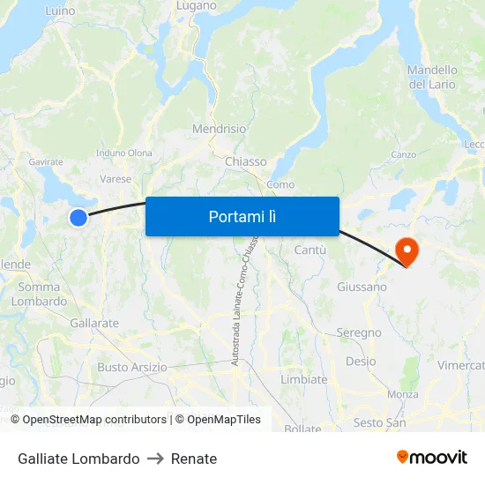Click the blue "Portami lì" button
pyautogui.click(x=242, y=216)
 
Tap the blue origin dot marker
pyautogui.click(x=78, y=217)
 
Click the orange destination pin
pyautogui.click(x=407, y=251)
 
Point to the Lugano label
pyautogui.click(x=196, y=6)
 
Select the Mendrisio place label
pyautogui.click(x=220, y=129)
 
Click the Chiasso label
pyautogui.click(x=245, y=161)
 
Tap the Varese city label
pyautogui.click(x=116, y=178)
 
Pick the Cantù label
pyautogui.click(x=310, y=250)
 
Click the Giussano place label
pyautogui.click(x=362, y=287)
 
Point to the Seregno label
pyautogui.click(x=359, y=332)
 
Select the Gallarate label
pyautogui.click(x=94, y=323)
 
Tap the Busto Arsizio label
pyautogui.click(x=131, y=367)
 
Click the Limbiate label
pyautogui.click(x=303, y=379)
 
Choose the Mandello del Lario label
pyautogui.click(x=432, y=77)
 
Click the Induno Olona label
pyautogui.click(x=124, y=153)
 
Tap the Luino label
pyautogui.click(x=59, y=11)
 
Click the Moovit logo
pyautogui.click(x=432, y=457)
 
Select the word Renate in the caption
pyautogui.click(x=194, y=459)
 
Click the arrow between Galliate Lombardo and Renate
pyautogui.click(x=155, y=459)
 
